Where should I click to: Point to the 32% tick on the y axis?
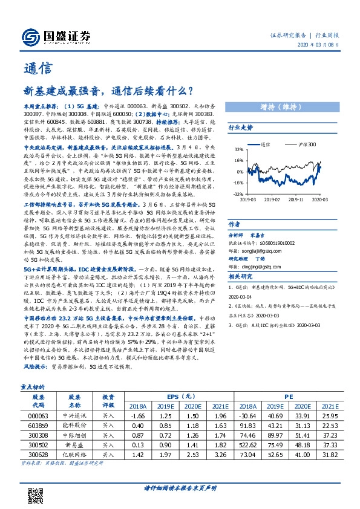coord(240,149)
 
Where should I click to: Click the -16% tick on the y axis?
coord(238,183)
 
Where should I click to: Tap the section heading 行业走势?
coord(241,128)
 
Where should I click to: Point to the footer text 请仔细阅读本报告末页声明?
coord(180,487)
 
